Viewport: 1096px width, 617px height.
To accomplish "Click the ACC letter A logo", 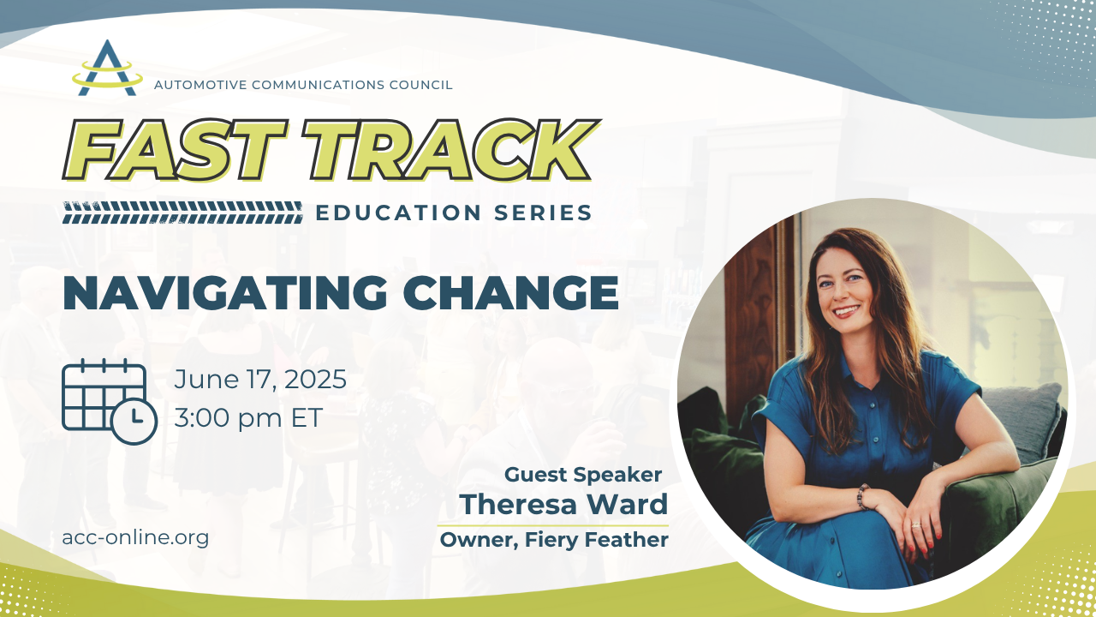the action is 107,69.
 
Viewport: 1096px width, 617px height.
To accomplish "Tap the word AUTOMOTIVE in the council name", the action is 200,85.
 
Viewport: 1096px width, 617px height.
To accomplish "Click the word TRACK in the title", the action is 450,150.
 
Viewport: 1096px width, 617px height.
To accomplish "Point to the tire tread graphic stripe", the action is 182,213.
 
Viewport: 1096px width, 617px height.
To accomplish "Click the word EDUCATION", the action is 398,213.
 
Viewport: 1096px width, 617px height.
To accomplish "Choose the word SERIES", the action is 543,213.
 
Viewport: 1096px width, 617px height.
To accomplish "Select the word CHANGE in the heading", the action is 511,293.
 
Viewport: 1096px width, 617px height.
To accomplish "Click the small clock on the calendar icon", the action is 134,421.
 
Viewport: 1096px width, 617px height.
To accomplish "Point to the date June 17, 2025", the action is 260,380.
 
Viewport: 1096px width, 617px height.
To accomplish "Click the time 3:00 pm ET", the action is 248,418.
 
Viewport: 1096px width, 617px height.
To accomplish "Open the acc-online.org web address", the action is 135,537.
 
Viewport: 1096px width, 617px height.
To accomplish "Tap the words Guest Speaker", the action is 583,475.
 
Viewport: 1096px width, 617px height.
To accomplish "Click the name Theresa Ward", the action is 563,504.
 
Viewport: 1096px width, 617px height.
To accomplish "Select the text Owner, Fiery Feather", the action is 554,540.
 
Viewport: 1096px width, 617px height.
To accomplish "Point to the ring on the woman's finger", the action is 915,525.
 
